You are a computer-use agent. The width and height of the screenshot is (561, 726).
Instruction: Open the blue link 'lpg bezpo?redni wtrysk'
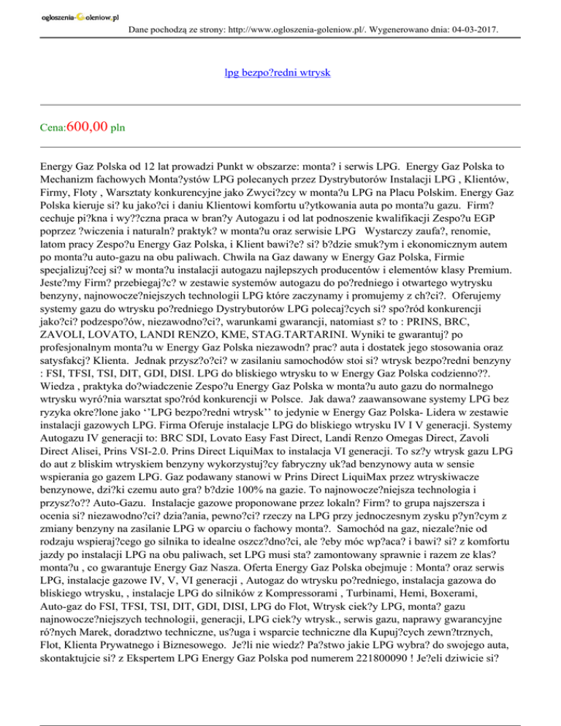(280, 73)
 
